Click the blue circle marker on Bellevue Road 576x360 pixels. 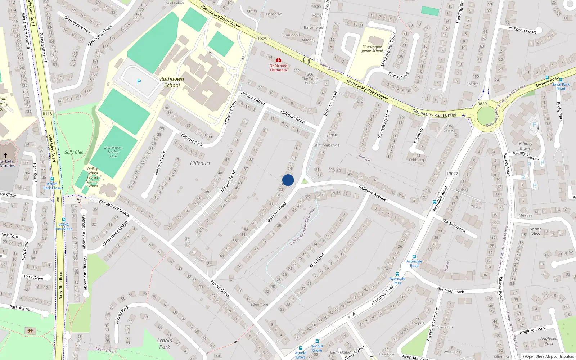pyautogui.click(x=288, y=180)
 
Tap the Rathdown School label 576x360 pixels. pyautogui.click(x=172, y=82)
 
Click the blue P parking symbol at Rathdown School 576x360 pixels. pyautogui.click(x=139, y=82)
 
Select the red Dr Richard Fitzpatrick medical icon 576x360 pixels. pyautogui.click(x=278, y=60)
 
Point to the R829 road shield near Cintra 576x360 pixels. pyautogui.click(x=263, y=39)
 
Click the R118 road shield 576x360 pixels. pyautogui.click(x=47, y=114)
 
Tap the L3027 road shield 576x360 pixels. pyautogui.click(x=452, y=174)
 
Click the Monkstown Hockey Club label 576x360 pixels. pyautogui.click(x=113, y=152)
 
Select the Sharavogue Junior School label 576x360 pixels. pyautogui.click(x=372, y=49)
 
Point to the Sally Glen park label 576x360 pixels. pyautogui.click(x=74, y=152)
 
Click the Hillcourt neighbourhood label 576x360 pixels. pyautogui.click(x=200, y=163)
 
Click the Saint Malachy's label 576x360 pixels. pyautogui.click(x=326, y=145)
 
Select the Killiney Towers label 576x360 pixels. pyautogui.click(x=526, y=146)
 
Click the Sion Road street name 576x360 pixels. pyautogui.click(x=317, y=261)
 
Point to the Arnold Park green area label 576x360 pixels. pyautogui.click(x=165, y=343)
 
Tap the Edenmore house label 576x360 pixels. pyautogui.click(x=259, y=304)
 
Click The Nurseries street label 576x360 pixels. pyautogui.click(x=454, y=225)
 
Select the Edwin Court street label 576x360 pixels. pyautogui.click(x=525, y=31)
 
